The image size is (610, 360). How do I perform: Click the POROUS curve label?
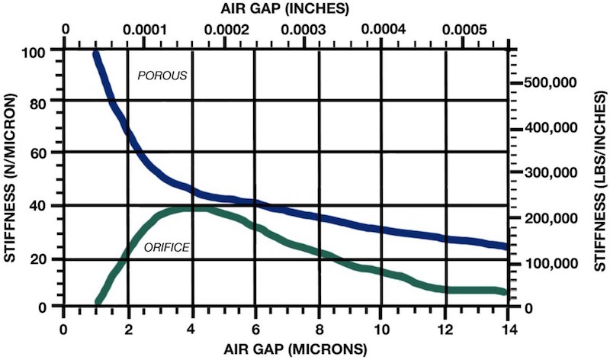click(162, 76)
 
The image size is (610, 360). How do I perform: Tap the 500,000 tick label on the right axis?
click(554, 82)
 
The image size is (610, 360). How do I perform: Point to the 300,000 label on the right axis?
click(554, 173)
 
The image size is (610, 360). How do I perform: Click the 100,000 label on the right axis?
click(554, 263)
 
